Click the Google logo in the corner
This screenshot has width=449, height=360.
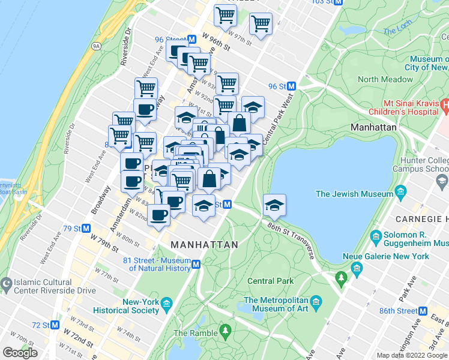click(x=20, y=353)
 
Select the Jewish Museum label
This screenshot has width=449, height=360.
click(x=353, y=193)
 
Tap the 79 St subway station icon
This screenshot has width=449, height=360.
click(x=86, y=229)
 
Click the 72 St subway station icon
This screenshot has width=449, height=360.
click(x=55, y=325)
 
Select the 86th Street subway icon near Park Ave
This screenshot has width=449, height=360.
click(x=439, y=311)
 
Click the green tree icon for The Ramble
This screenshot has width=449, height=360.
click(x=226, y=329)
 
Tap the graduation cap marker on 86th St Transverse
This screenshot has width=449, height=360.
click(x=274, y=205)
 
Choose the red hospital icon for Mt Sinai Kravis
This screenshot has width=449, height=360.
click(x=444, y=105)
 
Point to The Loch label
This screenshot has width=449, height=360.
click(x=397, y=30)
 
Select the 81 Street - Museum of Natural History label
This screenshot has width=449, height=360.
click(x=156, y=264)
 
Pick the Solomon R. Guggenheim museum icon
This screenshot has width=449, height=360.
click(x=376, y=235)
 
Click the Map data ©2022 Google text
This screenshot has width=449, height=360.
click(x=412, y=355)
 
